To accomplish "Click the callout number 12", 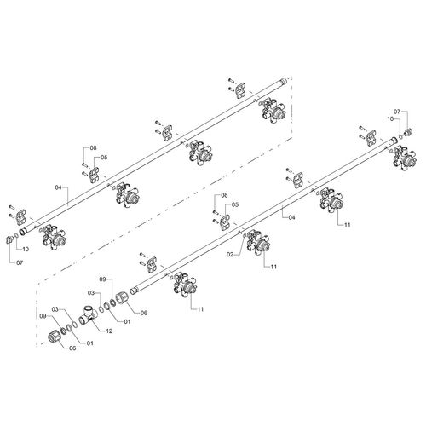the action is pos(109,331).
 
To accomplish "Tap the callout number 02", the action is pos(230,255).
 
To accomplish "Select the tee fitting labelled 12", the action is pos(88,315).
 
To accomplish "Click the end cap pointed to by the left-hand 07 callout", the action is pos(9,239).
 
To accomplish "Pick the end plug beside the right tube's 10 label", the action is pos(407,132).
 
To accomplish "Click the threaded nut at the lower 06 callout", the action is pos(55,337).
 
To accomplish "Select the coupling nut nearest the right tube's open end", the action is pos(122,298).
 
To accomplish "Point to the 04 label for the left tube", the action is pos(58,187).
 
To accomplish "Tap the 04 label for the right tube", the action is pos(291,217).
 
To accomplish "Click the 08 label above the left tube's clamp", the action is pos(93,147).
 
